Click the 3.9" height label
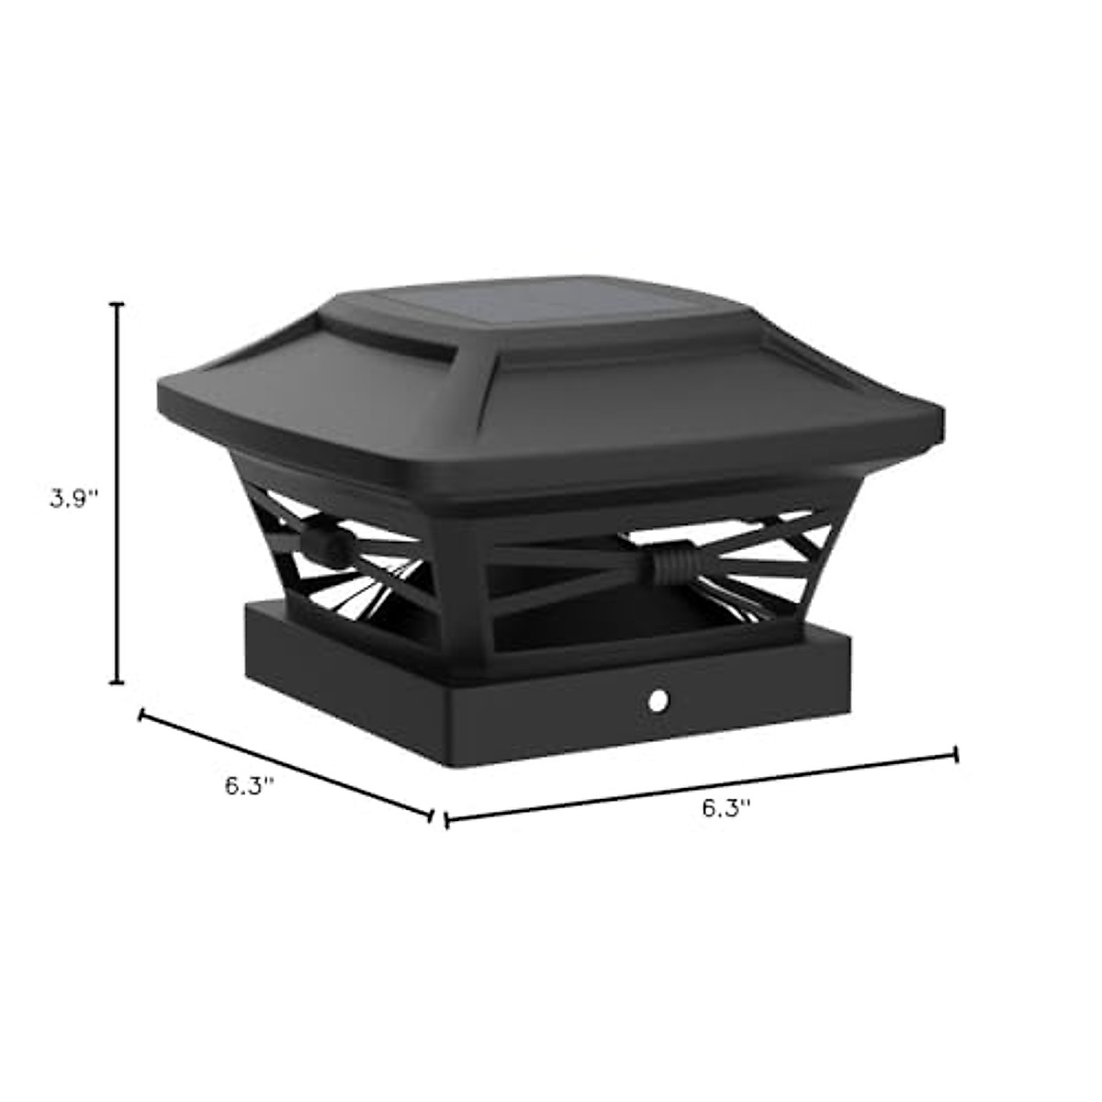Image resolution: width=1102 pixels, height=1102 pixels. click(x=73, y=500)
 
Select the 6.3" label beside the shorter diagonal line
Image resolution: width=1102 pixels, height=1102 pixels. click(x=249, y=786)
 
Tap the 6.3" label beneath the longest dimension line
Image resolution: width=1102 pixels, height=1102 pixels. click(x=726, y=808)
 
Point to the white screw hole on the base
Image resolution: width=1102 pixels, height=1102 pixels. click(x=658, y=703)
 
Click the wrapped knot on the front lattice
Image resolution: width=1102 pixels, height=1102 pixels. click(x=663, y=563)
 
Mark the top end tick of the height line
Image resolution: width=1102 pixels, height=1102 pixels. click(x=117, y=303)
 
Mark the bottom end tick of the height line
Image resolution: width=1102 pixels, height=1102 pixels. click(x=117, y=682)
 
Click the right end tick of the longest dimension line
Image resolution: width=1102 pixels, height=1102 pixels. click(x=957, y=755)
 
